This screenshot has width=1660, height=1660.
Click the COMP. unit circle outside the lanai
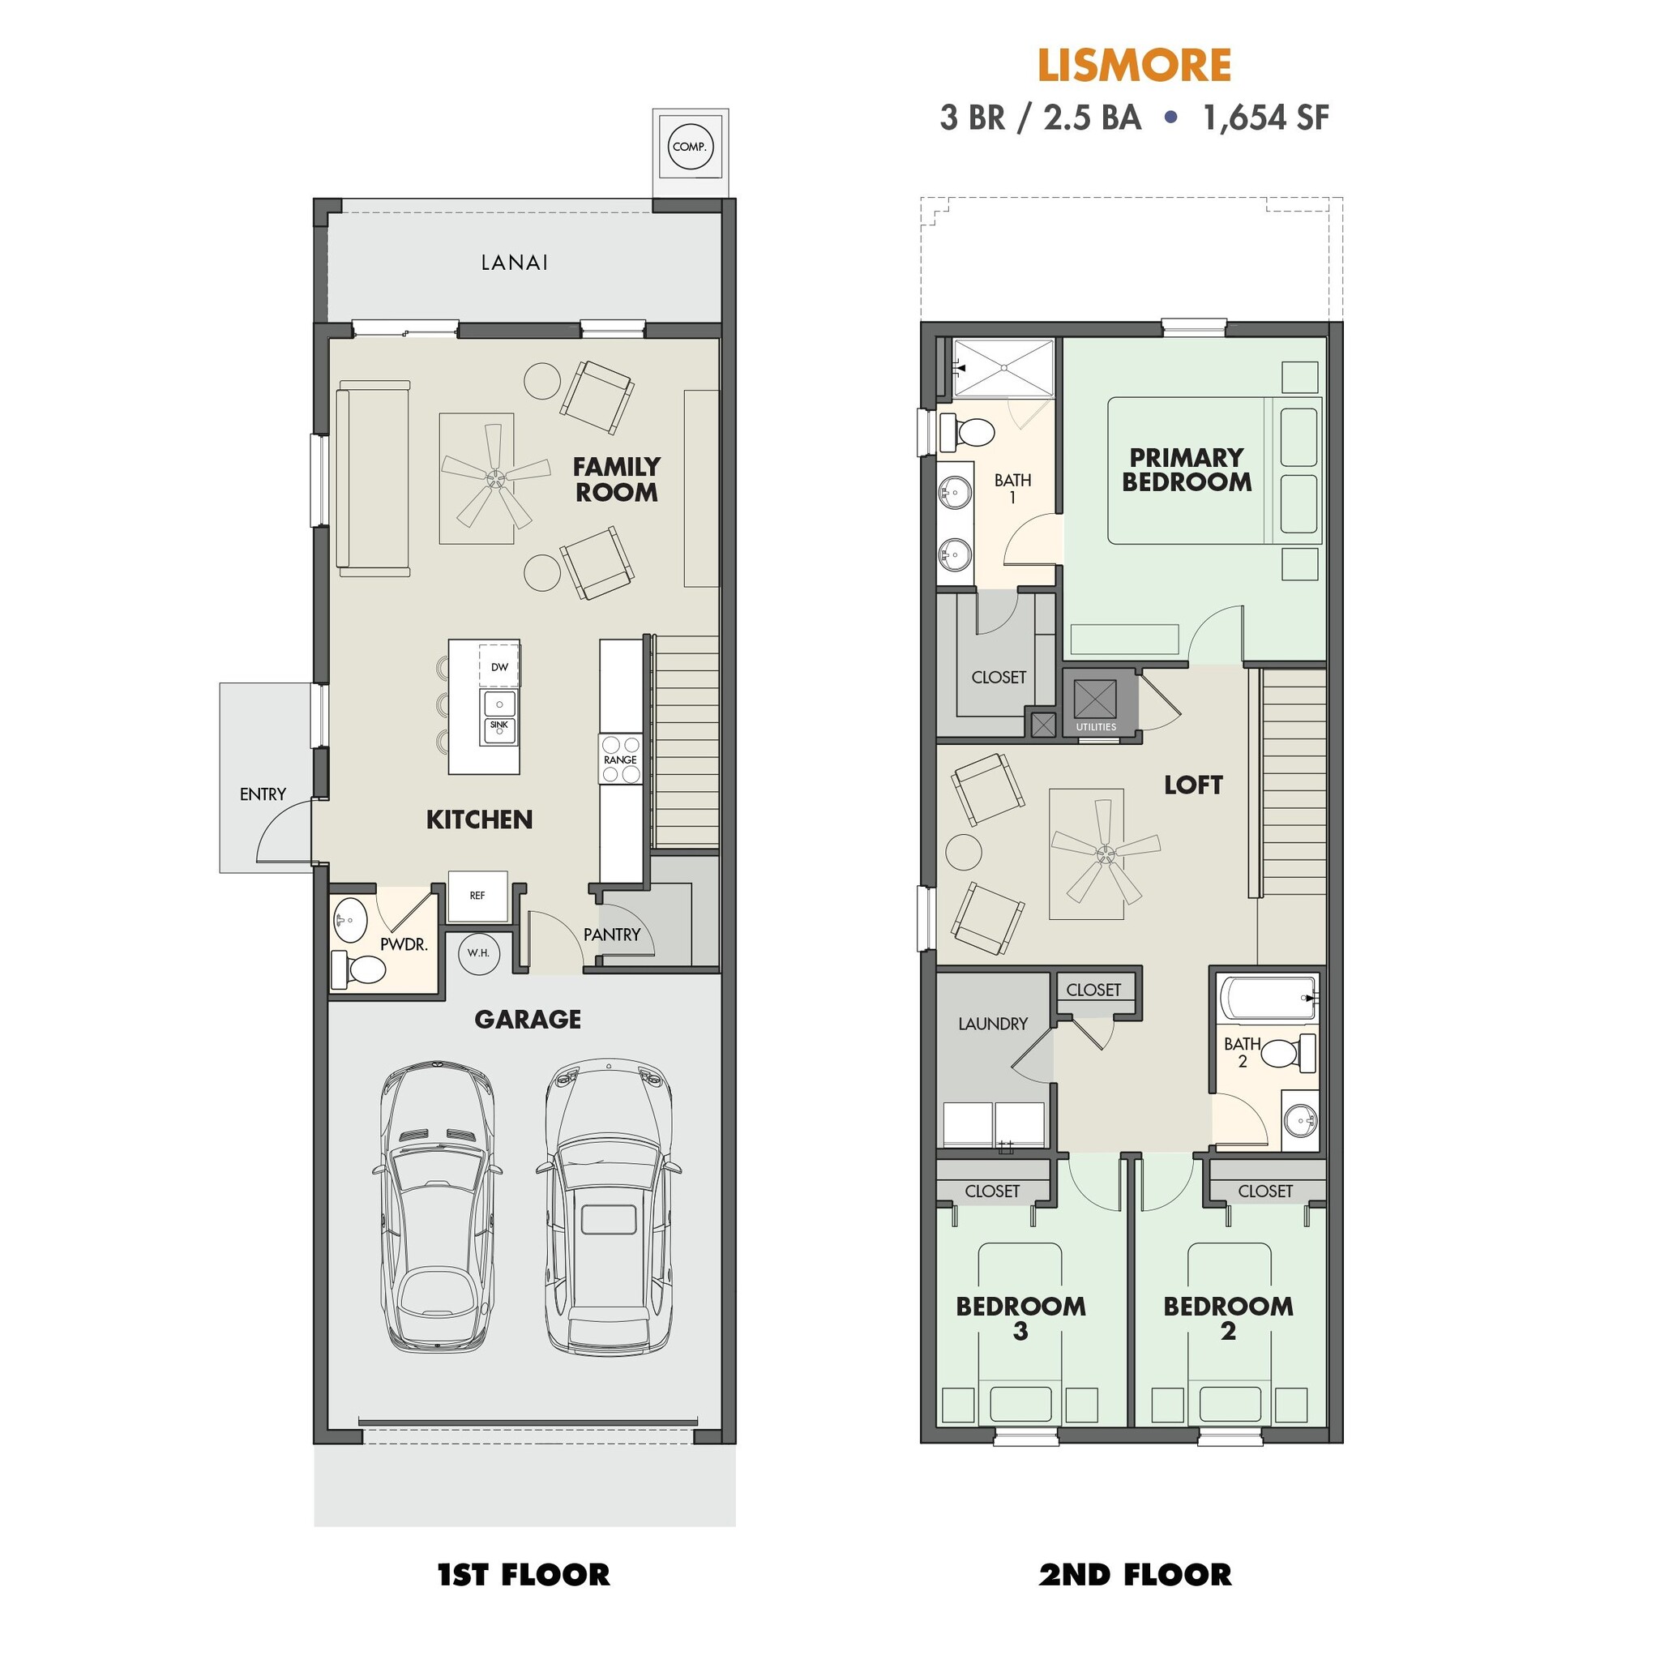(690, 146)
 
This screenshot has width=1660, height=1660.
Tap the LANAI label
(514, 263)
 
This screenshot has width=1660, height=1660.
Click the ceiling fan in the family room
(495, 477)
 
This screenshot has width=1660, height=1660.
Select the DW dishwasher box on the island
(499, 666)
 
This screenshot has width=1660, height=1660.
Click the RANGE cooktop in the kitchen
(620, 759)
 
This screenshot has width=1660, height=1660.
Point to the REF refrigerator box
(477, 896)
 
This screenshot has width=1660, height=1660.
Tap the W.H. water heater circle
(478, 953)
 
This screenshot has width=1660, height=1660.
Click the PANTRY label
(612, 935)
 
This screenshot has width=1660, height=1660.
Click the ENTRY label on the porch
(263, 794)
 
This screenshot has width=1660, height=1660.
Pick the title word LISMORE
(1134, 66)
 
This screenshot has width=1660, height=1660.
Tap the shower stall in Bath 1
(1003, 368)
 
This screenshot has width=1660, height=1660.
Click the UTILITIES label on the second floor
(1096, 727)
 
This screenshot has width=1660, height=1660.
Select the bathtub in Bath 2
(1268, 999)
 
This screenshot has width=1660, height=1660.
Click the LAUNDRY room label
(992, 1024)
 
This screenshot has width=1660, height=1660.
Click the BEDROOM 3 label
(1020, 1319)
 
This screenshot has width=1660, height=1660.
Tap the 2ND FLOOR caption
(1134, 1575)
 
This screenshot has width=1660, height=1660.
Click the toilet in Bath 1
(965, 432)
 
